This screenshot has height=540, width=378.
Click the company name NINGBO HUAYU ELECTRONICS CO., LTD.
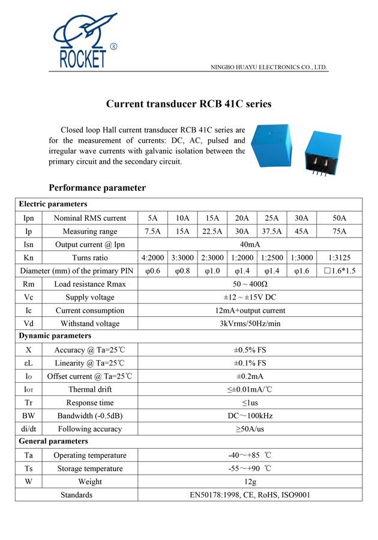coord(269,67)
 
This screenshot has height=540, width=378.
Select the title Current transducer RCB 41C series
coord(189,104)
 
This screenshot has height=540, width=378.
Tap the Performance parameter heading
coord(97,188)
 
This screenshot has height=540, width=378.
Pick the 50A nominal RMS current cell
coord(339,218)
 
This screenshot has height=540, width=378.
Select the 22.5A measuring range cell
coord(212,231)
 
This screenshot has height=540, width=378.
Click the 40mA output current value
coord(250,244)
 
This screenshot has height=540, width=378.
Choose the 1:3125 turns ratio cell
coord(339,257)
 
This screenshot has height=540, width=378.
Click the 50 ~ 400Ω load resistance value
coord(250,284)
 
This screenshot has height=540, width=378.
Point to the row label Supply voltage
coord(90,297)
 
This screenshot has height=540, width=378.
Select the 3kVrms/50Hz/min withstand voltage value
coord(250,323)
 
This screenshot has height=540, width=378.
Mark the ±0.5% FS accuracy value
coord(250,350)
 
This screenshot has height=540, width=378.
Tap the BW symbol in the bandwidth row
coord(29,416)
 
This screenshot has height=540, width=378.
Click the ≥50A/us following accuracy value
coord(250,429)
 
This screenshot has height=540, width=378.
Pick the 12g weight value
coord(250,482)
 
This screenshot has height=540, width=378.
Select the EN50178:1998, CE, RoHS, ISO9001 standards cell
coord(250,495)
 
